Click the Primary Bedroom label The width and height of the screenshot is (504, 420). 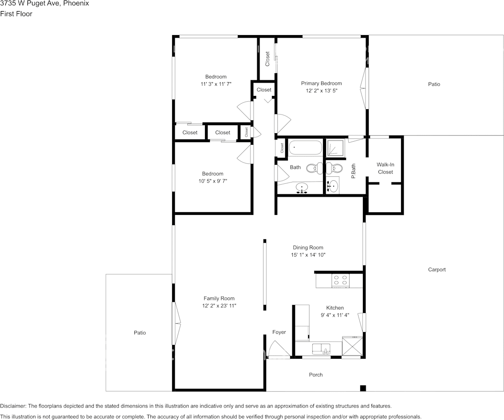point(321,83)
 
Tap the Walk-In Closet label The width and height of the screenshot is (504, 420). point(385,168)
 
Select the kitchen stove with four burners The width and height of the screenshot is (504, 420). point(340,280)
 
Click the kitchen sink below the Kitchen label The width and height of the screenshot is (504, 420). point(325,349)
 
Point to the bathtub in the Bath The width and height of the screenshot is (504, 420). point(305,148)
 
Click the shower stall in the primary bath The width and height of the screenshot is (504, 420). point(336,148)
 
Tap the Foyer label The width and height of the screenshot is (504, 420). point(279,332)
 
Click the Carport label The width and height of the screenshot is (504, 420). point(437,269)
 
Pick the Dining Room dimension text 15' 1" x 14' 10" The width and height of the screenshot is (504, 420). point(308,255)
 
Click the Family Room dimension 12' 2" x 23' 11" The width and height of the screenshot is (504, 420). point(219,306)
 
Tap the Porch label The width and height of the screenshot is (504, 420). point(316,375)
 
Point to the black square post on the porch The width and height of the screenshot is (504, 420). point(363,388)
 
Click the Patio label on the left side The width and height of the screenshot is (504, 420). point(140,333)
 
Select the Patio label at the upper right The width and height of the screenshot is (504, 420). point(434,84)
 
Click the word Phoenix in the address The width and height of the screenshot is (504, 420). point(76,3)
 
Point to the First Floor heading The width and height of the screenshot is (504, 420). point(16,14)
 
